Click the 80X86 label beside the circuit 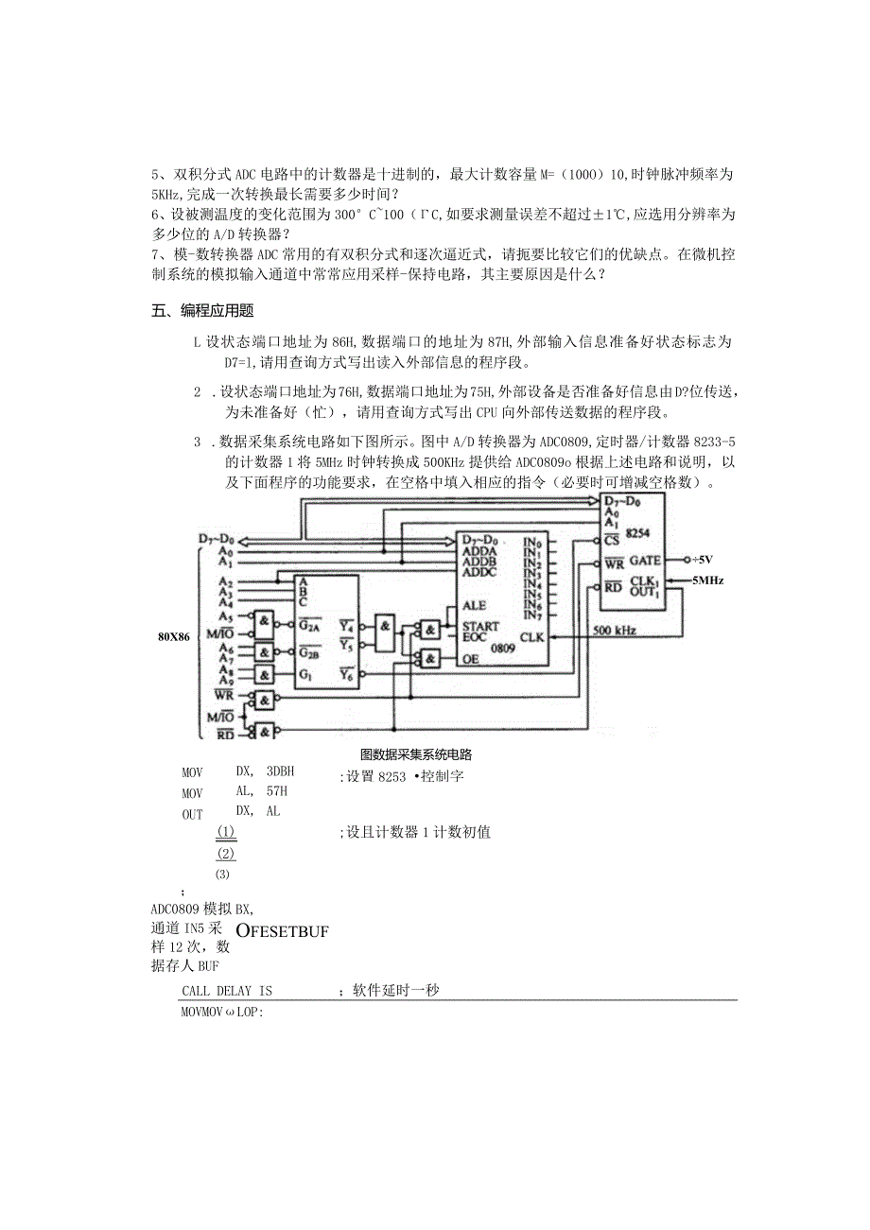tap(174, 636)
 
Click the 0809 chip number tap(503, 650)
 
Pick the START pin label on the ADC tap(480, 627)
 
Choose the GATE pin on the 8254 tap(644, 560)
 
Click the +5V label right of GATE tap(704, 560)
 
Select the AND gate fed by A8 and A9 tap(264, 675)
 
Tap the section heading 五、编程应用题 tap(203, 312)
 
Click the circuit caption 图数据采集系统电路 tap(416, 754)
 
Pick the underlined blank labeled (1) tap(225, 832)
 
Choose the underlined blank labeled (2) tap(225, 853)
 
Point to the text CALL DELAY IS tap(226, 991)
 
